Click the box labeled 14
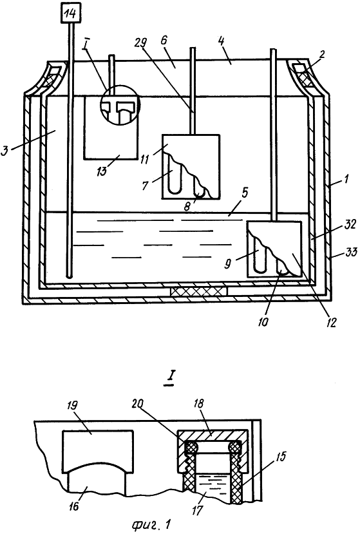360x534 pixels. [71, 14]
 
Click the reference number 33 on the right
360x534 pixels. [351, 253]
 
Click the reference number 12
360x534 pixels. [331, 322]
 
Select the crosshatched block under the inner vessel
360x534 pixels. [198, 291]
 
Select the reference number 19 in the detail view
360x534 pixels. [72, 406]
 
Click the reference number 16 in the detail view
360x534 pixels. [73, 506]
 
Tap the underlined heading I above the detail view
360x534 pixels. [169, 378]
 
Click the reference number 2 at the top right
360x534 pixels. [322, 54]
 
